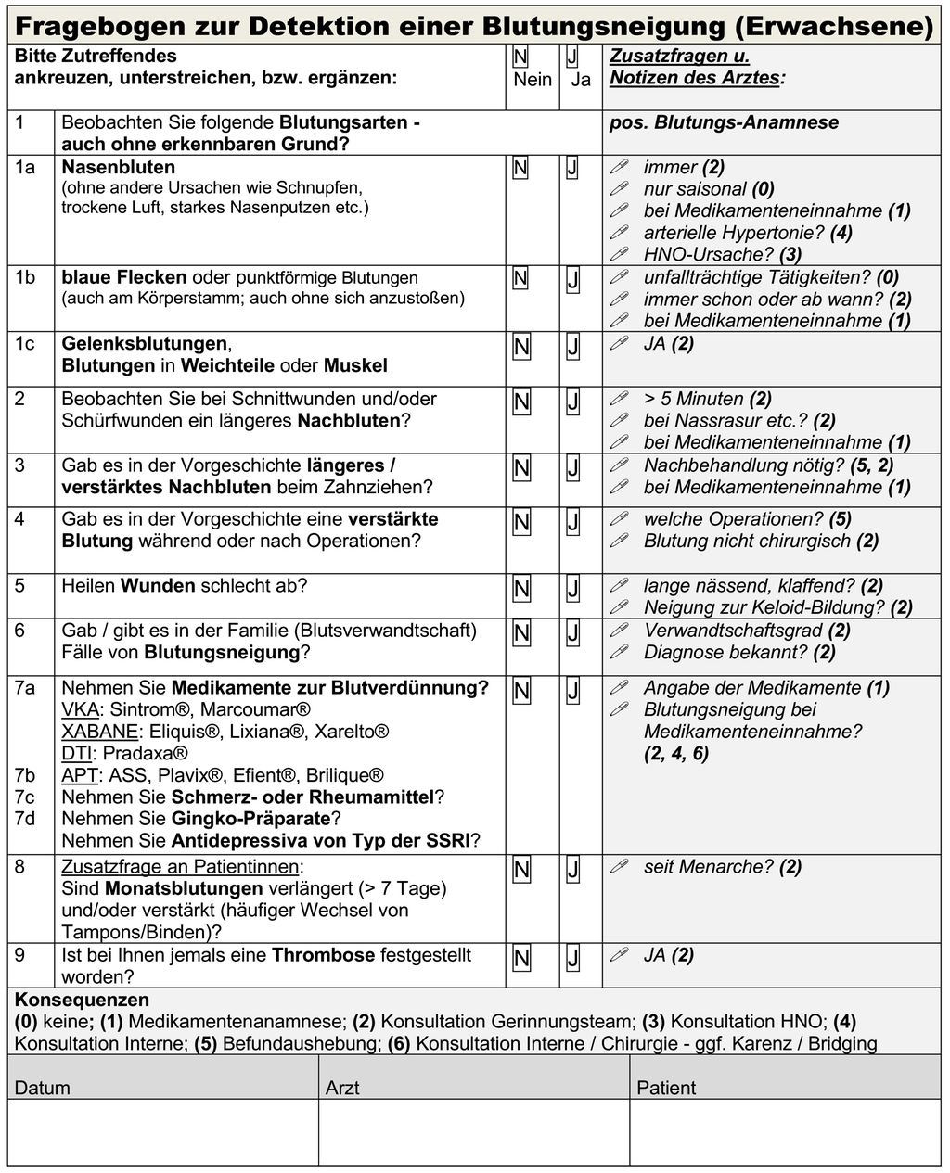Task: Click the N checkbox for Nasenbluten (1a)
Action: (x=520, y=168)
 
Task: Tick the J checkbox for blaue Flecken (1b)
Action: (x=572, y=279)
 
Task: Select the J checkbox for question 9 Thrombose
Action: (x=572, y=958)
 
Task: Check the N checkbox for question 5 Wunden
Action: (x=521, y=588)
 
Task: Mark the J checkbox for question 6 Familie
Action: (x=572, y=633)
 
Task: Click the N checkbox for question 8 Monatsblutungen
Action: (x=521, y=869)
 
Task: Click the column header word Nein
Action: (x=533, y=80)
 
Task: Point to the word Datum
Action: (x=42, y=1088)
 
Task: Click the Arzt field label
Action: (x=342, y=1088)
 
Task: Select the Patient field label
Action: (x=665, y=1088)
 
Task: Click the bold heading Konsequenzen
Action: (x=82, y=1001)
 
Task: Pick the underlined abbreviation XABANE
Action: (x=99, y=732)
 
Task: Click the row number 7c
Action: (x=25, y=797)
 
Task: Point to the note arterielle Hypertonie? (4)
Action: (x=747, y=233)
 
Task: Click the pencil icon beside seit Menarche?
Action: (x=619, y=867)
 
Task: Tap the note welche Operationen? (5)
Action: (x=747, y=519)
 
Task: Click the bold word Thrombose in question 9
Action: (x=323, y=955)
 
